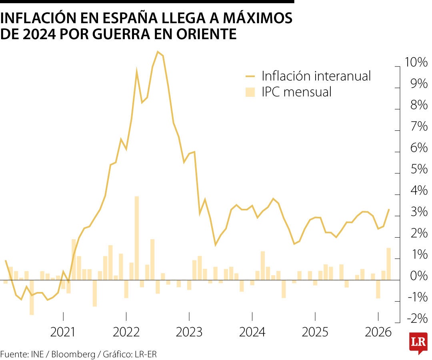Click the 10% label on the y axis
point(416,62)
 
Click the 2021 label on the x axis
point(63,332)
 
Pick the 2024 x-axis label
point(252,332)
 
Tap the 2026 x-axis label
point(378,332)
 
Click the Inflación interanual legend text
point(316,75)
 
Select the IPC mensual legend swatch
point(250,92)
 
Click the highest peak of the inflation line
point(158,52)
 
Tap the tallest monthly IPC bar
point(137,238)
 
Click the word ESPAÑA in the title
point(122,18)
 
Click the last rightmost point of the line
point(389,209)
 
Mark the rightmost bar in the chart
point(388,264)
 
